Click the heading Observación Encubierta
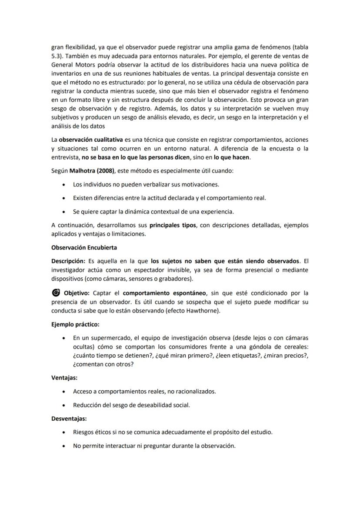pyautogui.click(x=84, y=247)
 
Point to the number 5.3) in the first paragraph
pyautogui.click(x=57, y=56)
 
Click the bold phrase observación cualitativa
pyautogui.click(x=90, y=140)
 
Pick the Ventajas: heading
pyautogui.click(x=64, y=378)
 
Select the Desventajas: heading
pyautogui.click(x=69, y=419)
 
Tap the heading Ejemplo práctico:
pyautogui.click(x=75, y=324)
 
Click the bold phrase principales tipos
pyautogui.click(x=173, y=225)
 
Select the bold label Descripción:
pyautogui.click(x=68, y=261)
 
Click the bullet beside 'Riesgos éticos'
pyautogui.click(x=64, y=432)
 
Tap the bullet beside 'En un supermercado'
pyautogui.click(x=64, y=338)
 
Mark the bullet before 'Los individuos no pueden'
pyautogui.click(x=64, y=185)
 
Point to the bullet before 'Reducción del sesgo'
pyautogui.click(x=64, y=405)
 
